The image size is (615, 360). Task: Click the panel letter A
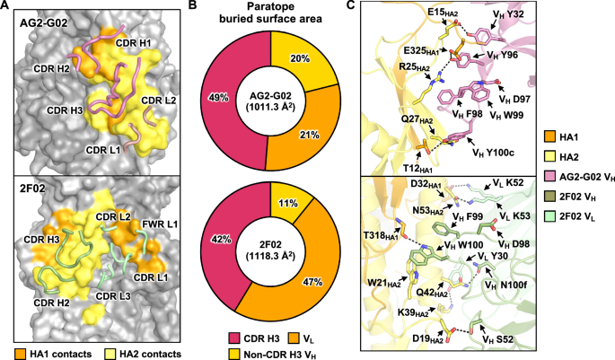(6, 7)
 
